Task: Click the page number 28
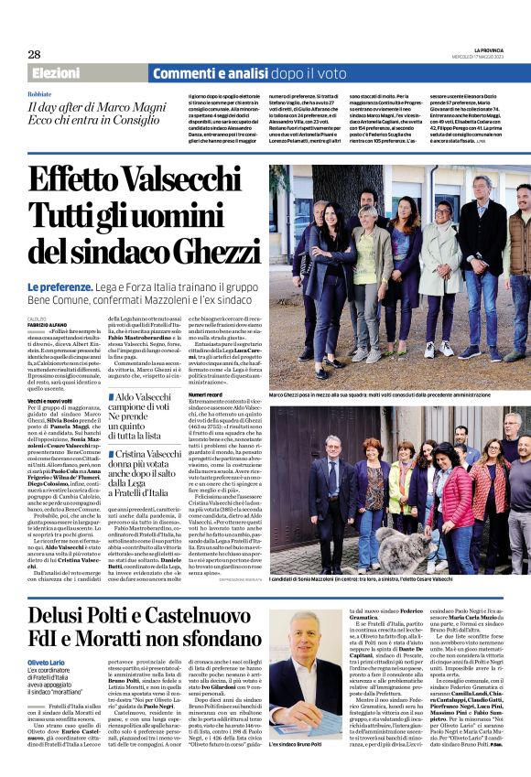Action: (34, 54)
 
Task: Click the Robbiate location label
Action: (40, 94)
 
